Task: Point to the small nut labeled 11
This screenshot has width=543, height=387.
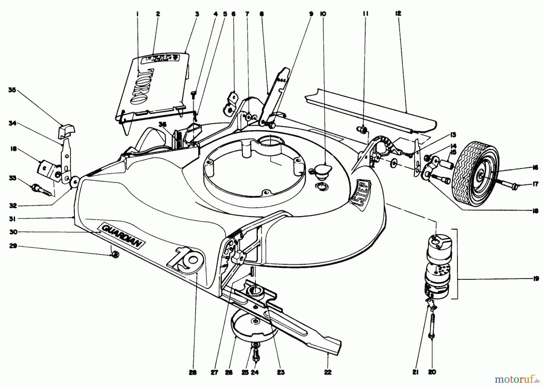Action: click(x=363, y=130)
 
